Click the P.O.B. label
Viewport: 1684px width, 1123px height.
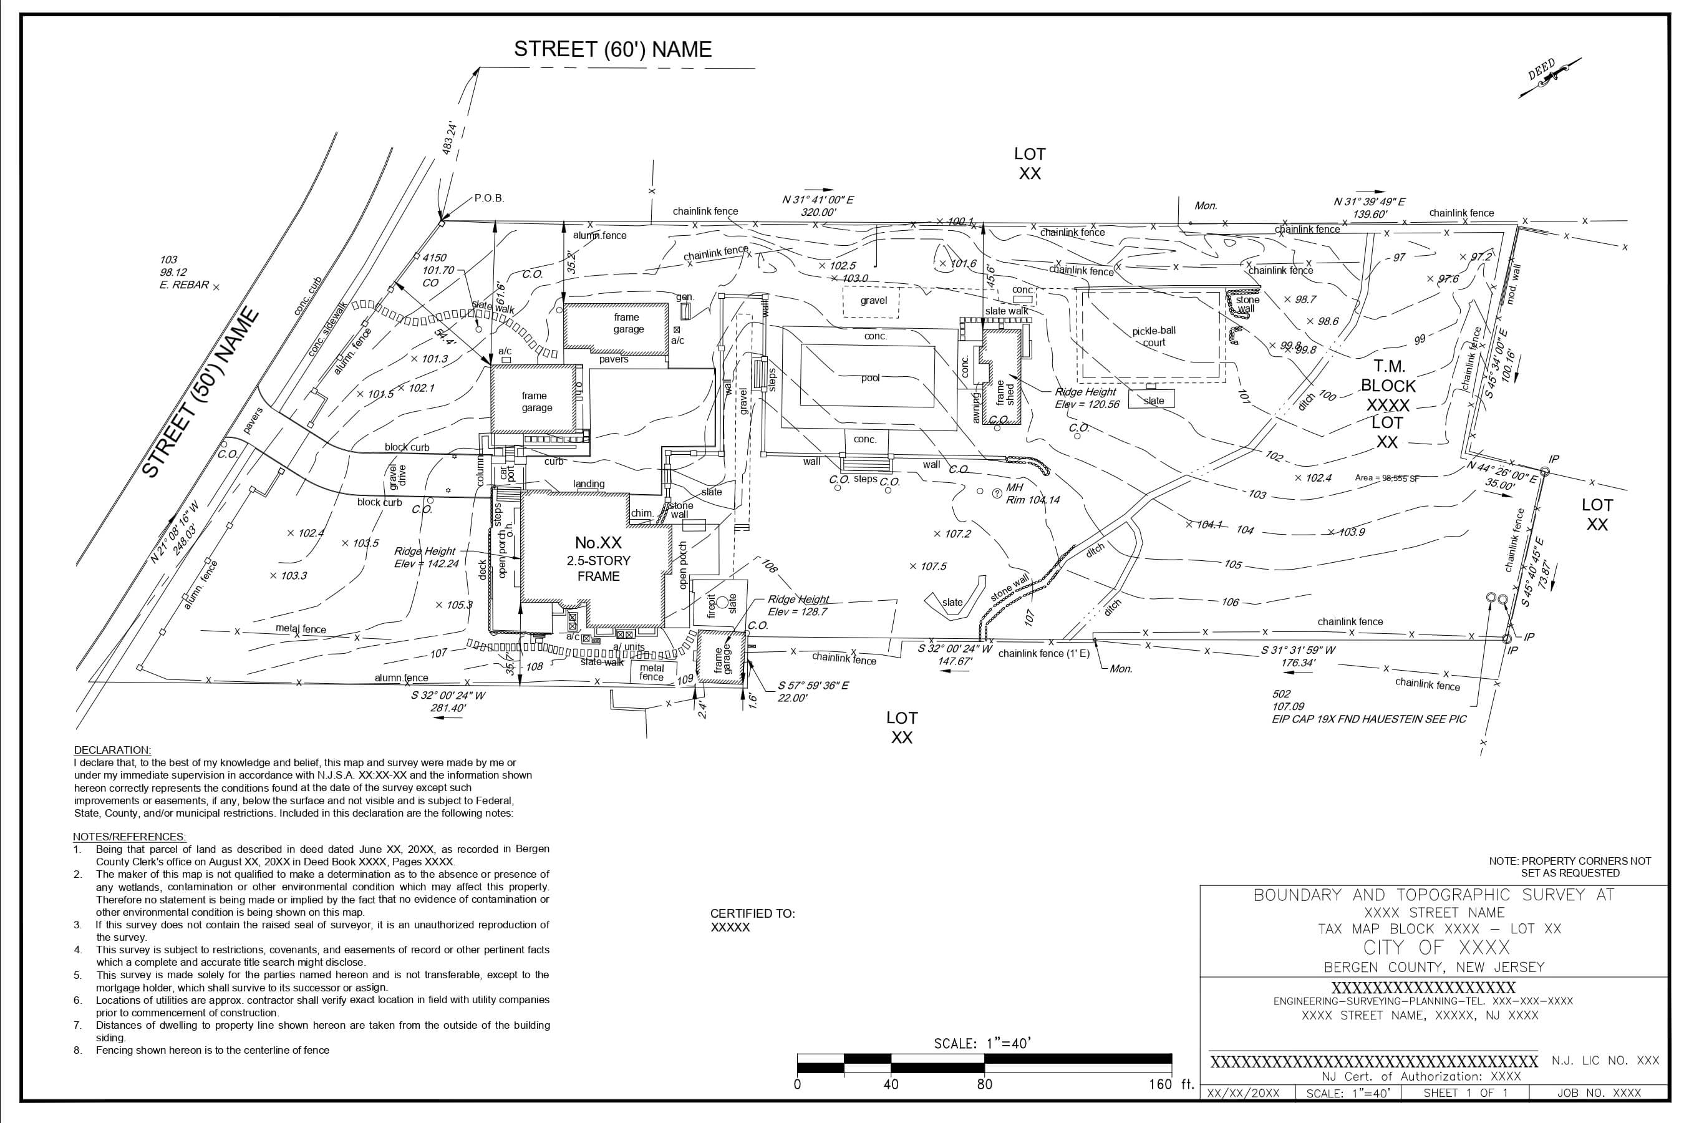coord(489,198)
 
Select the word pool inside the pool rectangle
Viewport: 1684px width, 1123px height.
coord(870,378)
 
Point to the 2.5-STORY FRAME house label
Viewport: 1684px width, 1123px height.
coord(599,568)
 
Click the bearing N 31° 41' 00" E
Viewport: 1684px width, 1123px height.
coord(818,200)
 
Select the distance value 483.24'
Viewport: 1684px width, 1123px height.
coord(450,139)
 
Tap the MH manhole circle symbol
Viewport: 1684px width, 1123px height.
coord(997,493)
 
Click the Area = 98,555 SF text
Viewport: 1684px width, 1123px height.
coord(1387,478)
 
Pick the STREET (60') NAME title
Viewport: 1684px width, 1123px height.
coord(613,49)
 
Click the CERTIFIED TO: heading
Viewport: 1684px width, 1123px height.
coord(753,913)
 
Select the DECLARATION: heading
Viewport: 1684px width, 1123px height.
coord(112,750)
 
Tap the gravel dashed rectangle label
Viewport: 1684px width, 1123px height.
coord(874,301)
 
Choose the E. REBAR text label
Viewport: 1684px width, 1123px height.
coord(184,285)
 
